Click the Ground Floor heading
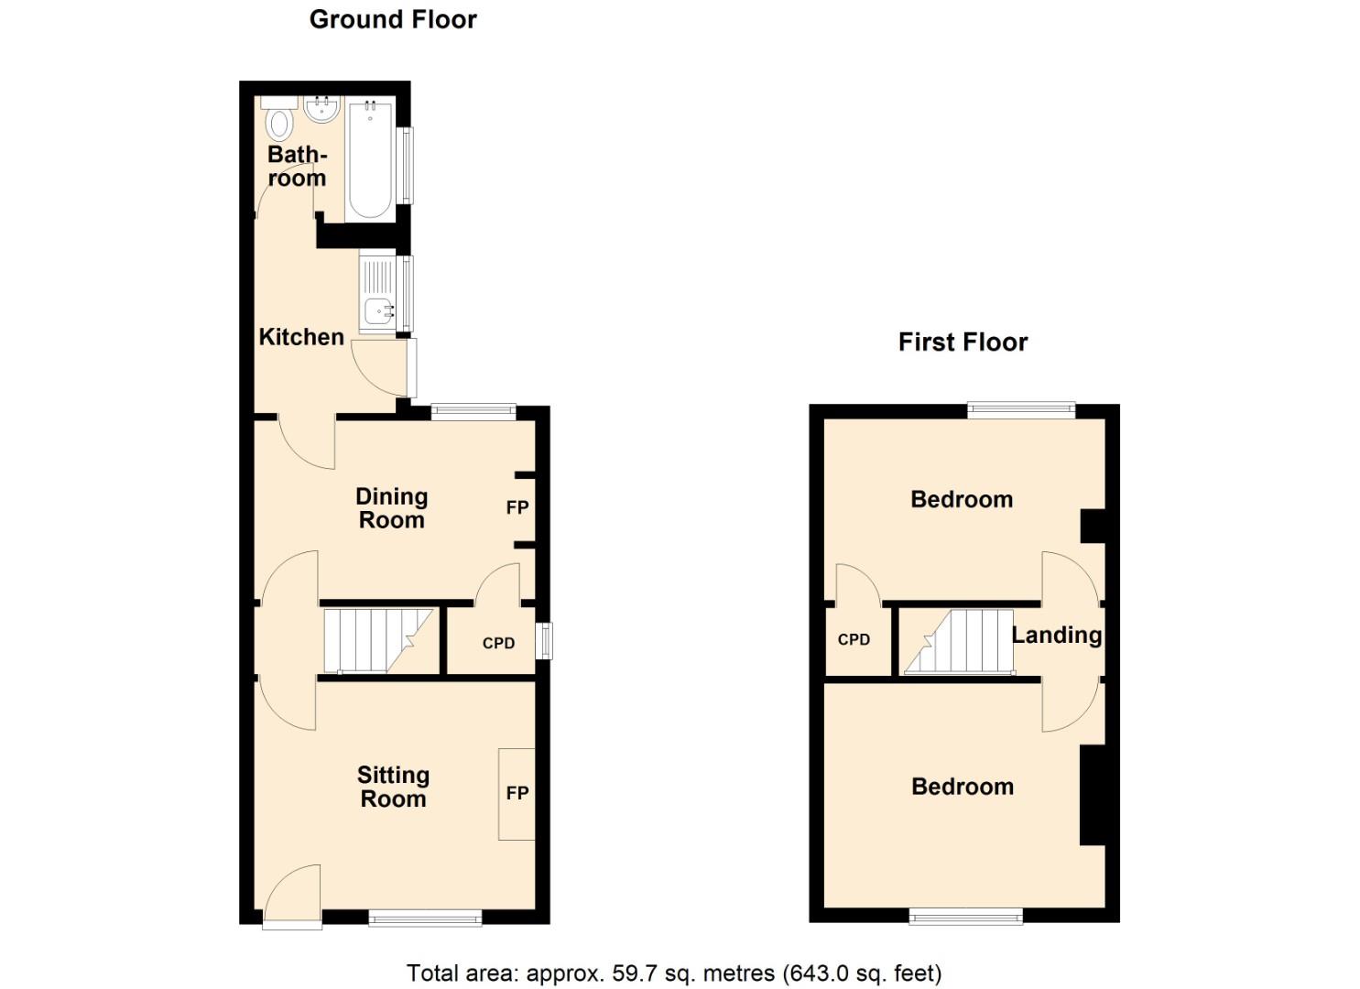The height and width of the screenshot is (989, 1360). tap(393, 19)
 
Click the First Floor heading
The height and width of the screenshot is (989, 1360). tap(963, 342)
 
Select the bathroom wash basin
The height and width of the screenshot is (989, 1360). tap(322, 110)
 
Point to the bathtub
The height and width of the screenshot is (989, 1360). tap(370, 160)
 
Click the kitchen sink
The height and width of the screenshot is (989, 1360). tap(377, 311)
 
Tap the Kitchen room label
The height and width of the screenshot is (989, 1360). tap(301, 337)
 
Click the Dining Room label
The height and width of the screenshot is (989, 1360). tap(391, 508)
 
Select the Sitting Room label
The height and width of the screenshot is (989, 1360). tap(393, 787)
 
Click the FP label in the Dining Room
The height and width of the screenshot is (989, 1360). tap(517, 507)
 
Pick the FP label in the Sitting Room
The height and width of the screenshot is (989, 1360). tap(517, 793)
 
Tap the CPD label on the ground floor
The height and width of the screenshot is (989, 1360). tap(498, 643)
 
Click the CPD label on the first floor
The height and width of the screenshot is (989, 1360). tap(854, 639)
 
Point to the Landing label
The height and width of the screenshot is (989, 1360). tap(1056, 635)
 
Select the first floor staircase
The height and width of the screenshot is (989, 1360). tap(958, 641)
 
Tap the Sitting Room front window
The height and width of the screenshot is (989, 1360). tap(425, 918)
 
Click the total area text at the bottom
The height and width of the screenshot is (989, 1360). tap(674, 973)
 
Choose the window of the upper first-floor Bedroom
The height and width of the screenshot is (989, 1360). tap(1021, 410)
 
